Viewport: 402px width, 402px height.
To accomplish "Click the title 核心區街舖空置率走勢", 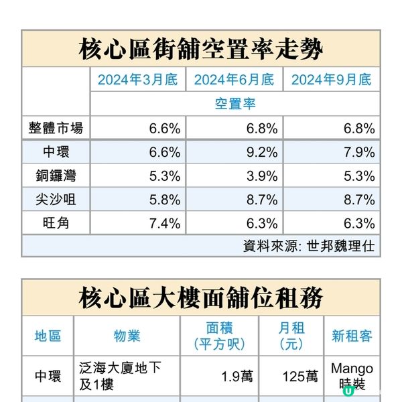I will [200, 49].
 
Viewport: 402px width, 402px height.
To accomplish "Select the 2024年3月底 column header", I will [137, 80].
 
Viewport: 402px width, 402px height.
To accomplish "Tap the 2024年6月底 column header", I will [234, 80].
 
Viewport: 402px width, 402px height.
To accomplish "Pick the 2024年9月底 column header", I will [331, 80].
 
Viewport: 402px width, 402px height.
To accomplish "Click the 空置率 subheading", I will [234, 104].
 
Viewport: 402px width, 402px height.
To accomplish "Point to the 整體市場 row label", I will [56, 127].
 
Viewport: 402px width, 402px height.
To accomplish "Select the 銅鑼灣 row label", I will [56, 176].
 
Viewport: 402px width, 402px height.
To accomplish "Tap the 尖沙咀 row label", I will [56, 199].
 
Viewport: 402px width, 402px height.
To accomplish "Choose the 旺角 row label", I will [56, 222].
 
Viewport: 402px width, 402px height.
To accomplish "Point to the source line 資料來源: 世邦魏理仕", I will [308, 246].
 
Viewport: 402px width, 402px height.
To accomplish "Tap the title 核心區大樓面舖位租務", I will [200, 297].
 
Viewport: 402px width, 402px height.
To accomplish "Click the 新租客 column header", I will [352, 335].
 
